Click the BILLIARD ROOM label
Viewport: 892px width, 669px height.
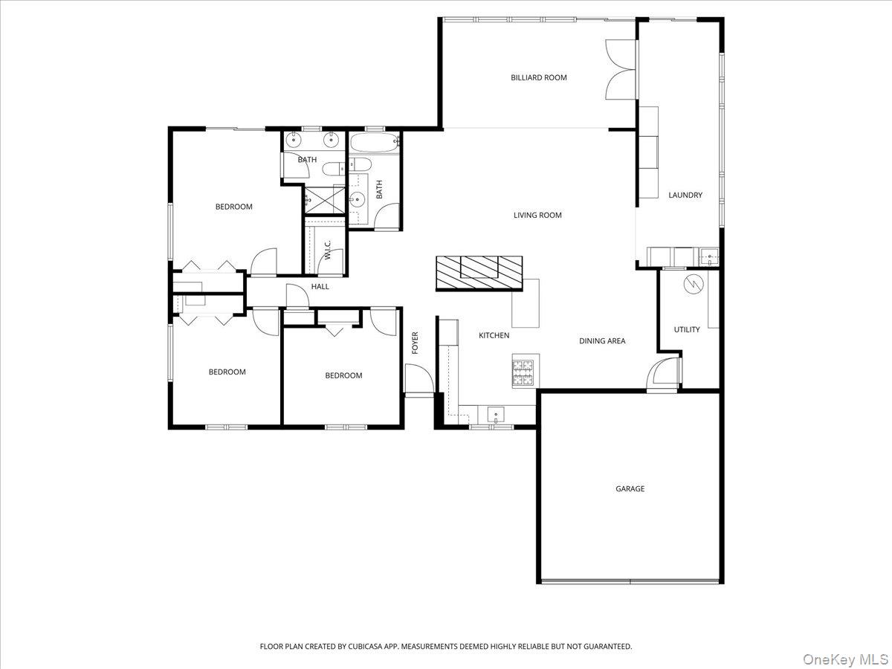[538, 77]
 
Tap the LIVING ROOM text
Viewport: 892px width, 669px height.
[537, 216]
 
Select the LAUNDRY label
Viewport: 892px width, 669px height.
[685, 195]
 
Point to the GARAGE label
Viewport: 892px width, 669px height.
[630, 489]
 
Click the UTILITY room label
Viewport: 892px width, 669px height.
[686, 329]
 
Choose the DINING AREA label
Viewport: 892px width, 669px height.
[602, 341]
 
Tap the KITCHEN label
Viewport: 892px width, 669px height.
[494, 336]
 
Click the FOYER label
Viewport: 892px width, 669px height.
[416, 343]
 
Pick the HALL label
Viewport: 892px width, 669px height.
[320, 287]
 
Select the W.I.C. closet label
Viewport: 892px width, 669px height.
[328, 251]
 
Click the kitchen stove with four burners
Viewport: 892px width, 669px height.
[523, 371]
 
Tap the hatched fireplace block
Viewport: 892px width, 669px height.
[479, 272]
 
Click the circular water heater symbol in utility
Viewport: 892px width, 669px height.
[693, 283]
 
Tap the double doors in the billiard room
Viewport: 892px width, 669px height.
[621, 69]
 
